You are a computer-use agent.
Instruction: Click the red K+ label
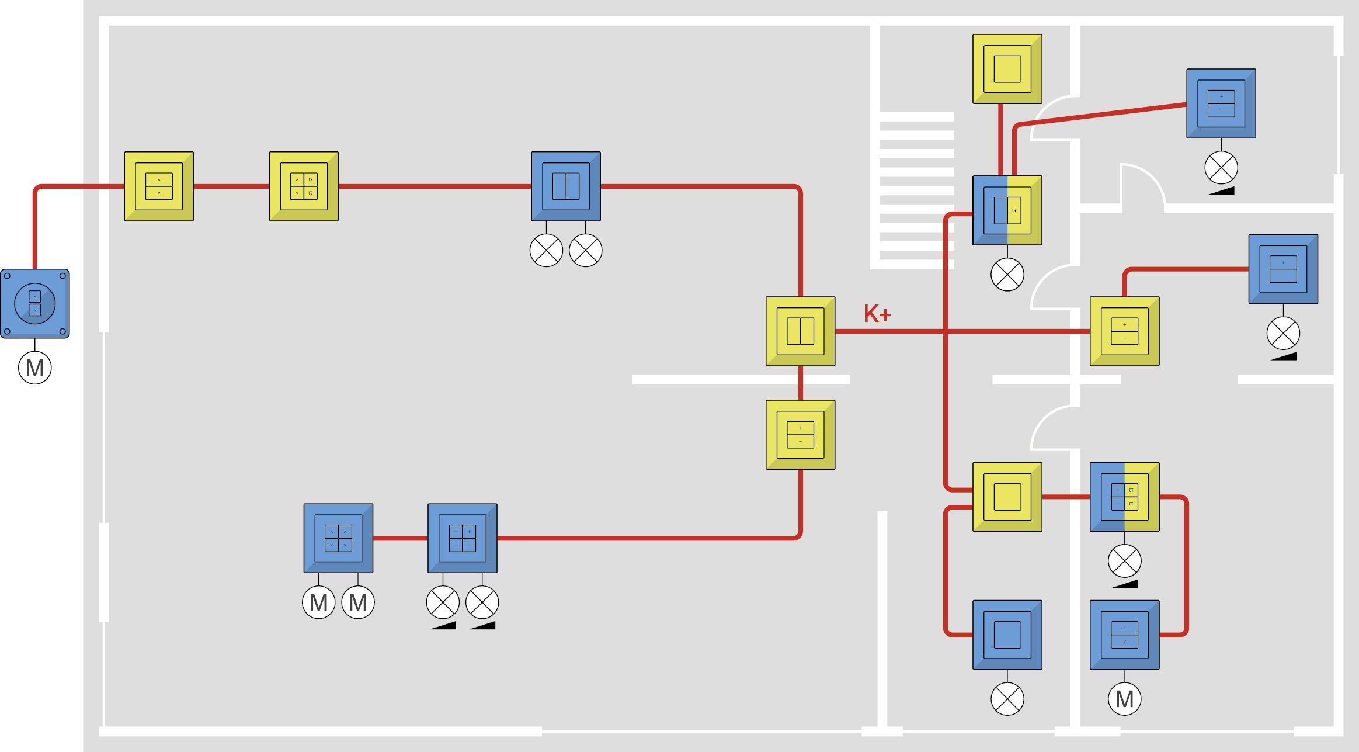[877, 314]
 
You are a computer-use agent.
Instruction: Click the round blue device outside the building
[35, 304]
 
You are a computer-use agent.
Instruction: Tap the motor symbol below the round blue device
[35, 368]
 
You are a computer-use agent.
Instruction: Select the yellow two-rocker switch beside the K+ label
[801, 331]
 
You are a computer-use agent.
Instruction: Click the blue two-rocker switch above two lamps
[566, 186]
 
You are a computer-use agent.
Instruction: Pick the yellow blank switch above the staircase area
[1007, 69]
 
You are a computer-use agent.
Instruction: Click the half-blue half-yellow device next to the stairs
[1007, 210]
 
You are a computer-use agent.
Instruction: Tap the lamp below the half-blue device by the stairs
[1007, 275]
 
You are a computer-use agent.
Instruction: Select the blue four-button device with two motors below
[338, 538]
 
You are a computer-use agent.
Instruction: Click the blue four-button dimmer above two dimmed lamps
[463, 538]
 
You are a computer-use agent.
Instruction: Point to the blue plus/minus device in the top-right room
[1221, 103]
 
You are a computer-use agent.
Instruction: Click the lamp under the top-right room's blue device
[1221, 168]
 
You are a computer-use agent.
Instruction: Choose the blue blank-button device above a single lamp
[1007, 635]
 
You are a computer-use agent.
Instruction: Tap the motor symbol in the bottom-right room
[1125, 699]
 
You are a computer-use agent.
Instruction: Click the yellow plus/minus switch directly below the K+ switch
[801, 435]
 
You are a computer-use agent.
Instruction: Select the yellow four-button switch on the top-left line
[304, 186]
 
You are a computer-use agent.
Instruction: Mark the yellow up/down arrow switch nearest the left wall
[159, 186]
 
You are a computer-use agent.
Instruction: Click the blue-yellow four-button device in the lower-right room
[1125, 497]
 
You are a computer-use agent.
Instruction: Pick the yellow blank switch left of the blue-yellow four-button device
[1007, 497]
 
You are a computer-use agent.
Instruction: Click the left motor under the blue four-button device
[319, 602]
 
